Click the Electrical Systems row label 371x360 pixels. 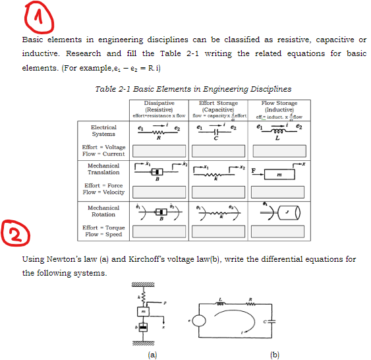click(103, 131)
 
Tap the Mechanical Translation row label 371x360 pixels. click(103, 169)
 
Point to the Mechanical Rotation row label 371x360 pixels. click(103, 211)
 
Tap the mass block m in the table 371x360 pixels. click(281, 174)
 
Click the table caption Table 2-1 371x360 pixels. click(193, 89)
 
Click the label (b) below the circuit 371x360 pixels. click(275, 355)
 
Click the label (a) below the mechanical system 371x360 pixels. click(153, 355)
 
